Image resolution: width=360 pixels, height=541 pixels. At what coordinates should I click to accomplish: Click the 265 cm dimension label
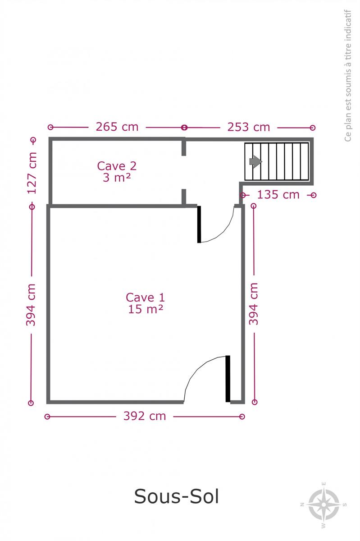(x=117, y=127)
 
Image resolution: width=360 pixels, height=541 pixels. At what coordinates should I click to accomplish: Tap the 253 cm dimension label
(x=248, y=127)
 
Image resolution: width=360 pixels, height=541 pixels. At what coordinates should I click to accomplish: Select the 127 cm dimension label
(x=32, y=173)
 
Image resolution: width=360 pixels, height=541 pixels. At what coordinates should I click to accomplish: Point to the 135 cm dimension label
(x=278, y=194)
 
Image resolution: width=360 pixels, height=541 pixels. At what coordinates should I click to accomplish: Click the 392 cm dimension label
(x=145, y=416)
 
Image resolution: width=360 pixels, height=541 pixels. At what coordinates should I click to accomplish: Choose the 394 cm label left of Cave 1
(x=31, y=305)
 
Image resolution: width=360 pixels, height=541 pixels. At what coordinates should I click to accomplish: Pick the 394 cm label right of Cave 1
(x=254, y=304)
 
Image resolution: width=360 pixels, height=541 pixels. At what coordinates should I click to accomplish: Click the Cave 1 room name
(x=146, y=297)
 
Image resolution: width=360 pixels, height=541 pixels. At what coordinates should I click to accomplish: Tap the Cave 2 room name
(x=117, y=166)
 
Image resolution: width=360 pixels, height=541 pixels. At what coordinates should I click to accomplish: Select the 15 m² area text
(x=146, y=309)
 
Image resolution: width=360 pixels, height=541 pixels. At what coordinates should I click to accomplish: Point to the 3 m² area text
(x=117, y=178)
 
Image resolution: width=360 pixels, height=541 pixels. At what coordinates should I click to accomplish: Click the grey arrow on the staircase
(x=255, y=161)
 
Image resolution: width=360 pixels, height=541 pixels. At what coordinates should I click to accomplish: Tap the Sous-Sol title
(x=177, y=496)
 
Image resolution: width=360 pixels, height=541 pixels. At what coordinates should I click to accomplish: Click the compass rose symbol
(x=324, y=505)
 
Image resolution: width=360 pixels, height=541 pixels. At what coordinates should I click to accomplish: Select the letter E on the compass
(x=324, y=484)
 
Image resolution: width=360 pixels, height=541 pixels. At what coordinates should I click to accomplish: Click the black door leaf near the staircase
(x=199, y=225)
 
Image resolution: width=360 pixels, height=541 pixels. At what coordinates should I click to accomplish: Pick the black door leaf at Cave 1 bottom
(x=228, y=379)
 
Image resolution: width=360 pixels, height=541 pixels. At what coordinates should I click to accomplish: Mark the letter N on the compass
(x=302, y=504)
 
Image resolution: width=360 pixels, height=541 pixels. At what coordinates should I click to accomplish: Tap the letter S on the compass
(x=345, y=504)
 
